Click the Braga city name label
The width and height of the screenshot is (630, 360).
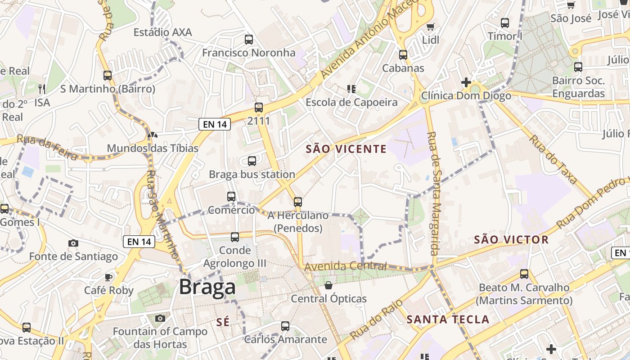point(207,287)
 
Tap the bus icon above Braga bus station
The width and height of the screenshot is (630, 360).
point(252,161)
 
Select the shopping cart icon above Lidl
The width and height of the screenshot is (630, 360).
point(431,27)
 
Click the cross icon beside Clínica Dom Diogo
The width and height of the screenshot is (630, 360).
point(466,82)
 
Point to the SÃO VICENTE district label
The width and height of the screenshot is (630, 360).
point(346,149)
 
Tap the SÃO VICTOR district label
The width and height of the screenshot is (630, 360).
point(511,239)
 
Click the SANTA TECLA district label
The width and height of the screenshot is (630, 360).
point(448,319)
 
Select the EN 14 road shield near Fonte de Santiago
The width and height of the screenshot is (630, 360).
point(139,242)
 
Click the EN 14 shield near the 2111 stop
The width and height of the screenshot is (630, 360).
point(215,124)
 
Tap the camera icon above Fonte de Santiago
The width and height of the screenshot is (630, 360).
point(73,243)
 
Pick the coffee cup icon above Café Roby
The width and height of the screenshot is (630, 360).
point(108,277)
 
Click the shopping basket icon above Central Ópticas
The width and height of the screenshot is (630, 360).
point(329,285)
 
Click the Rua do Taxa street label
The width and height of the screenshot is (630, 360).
point(553,159)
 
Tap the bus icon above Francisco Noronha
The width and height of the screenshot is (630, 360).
point(249,39)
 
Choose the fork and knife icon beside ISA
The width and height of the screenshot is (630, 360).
point(42,89)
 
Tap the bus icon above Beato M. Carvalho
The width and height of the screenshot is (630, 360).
point(524,274)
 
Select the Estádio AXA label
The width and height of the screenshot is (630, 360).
point(163,32)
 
